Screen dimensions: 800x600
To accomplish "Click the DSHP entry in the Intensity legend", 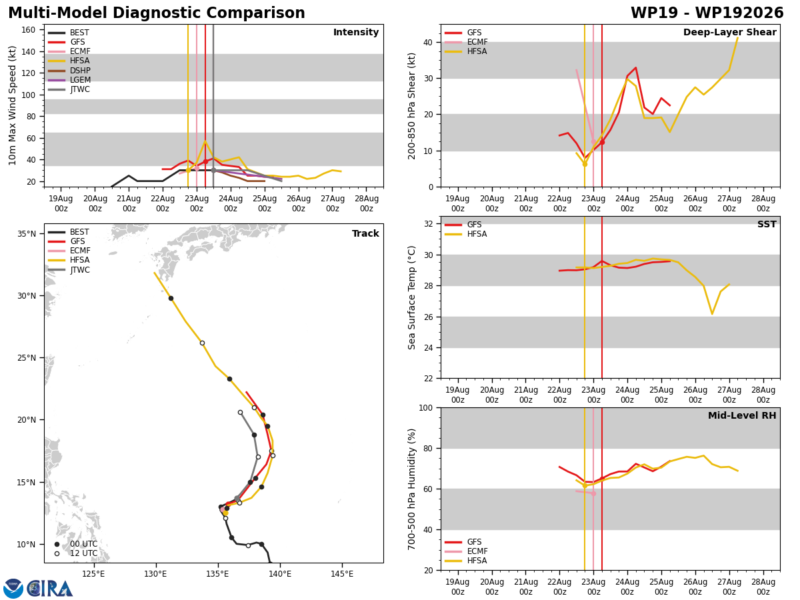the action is point(69,70).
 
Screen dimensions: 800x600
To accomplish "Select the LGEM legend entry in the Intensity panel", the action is point(69,80).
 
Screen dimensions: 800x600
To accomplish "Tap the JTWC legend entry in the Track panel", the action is point(69,270).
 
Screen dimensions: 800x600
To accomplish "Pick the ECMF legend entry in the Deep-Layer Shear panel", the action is point(466,42).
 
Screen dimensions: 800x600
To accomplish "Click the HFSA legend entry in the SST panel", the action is point(466,234).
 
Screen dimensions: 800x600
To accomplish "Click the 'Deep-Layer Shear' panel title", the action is point(729,32).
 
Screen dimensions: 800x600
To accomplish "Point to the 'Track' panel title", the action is point(365,233).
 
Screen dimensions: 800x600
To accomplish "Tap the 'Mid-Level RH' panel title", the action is point(742,415).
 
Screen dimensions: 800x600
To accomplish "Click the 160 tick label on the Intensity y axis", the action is point(29,30).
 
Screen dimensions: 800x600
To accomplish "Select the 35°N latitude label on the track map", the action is point(27,233).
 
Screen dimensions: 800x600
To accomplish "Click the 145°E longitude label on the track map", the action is point(342,574).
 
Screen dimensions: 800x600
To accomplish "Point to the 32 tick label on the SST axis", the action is point(429,224).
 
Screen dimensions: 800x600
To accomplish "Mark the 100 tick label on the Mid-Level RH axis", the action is point(426,408).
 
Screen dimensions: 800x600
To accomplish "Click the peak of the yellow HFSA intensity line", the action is point(205,141).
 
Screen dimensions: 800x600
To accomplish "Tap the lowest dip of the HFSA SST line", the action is point(712,313).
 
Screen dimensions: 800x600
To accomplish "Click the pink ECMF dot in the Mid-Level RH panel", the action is point(593,494).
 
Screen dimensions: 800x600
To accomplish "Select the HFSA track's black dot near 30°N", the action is point(171,299).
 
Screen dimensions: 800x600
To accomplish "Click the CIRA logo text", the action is point(49,589).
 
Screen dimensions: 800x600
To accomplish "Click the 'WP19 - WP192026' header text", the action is point(707,13).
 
